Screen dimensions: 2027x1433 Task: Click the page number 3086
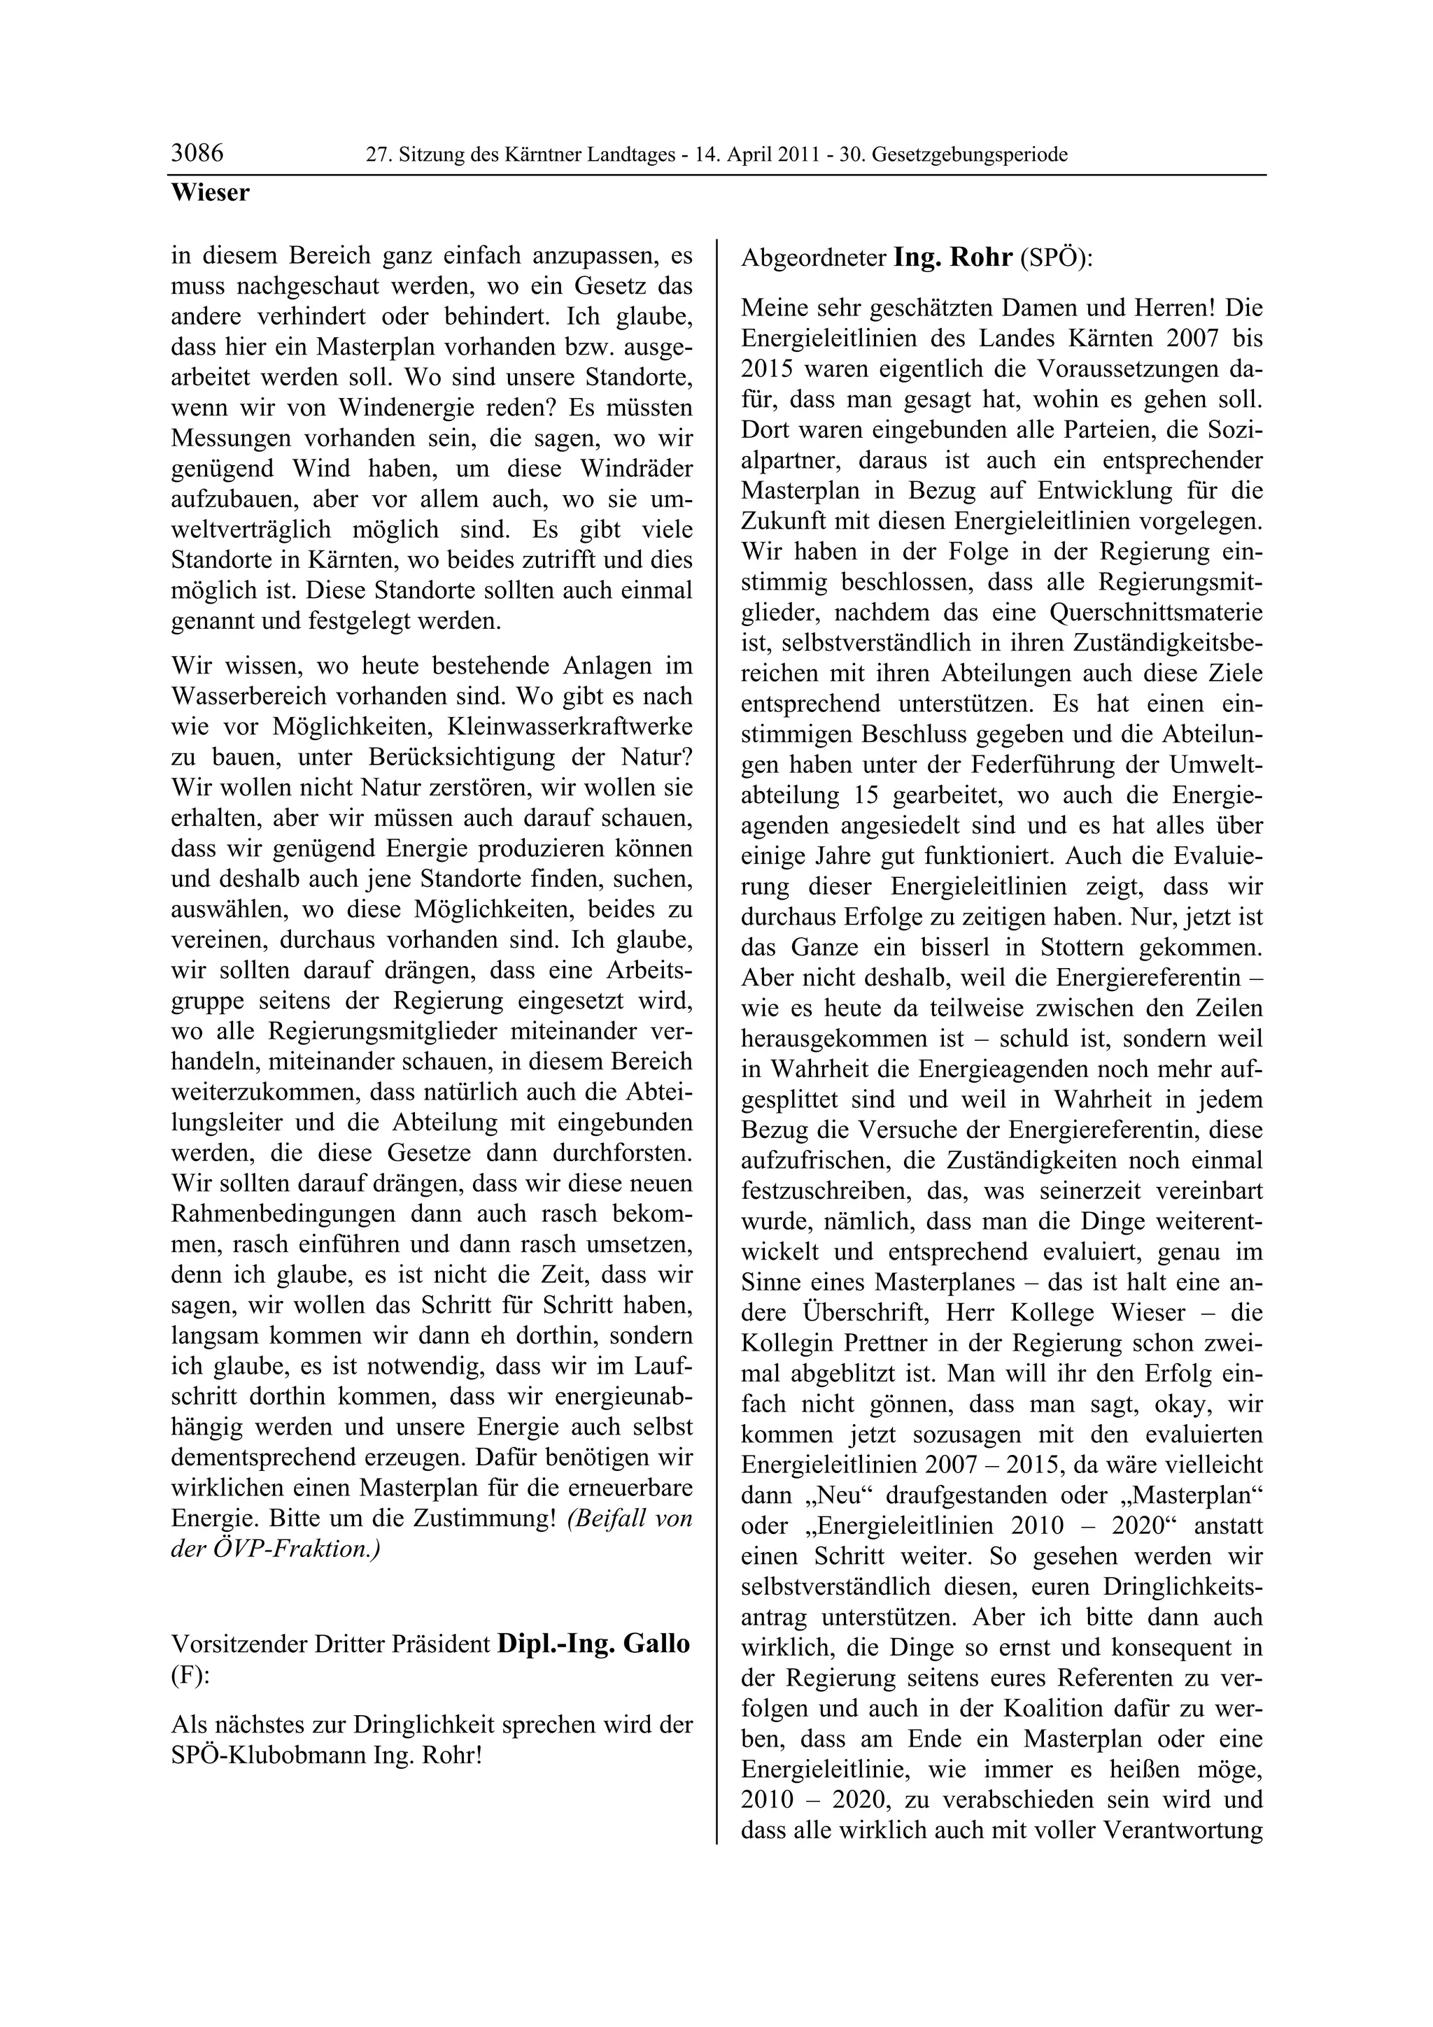click(197, 154)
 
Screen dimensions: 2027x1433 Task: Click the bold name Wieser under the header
click(210, 192)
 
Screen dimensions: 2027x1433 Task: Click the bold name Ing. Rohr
click(953, 258)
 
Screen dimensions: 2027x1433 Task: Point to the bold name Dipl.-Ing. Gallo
click(593, 1644)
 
